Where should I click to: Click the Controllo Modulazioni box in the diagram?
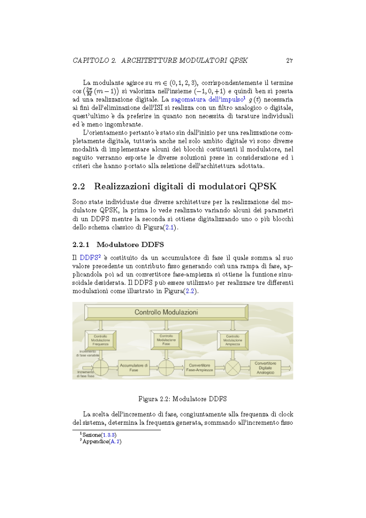point(166,312)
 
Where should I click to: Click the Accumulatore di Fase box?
point(133,368)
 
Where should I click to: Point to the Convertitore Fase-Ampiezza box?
point(199,368)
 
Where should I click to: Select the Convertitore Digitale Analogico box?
point(265,368)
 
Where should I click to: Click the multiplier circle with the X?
point(233,368)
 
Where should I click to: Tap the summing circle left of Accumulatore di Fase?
point(102,368)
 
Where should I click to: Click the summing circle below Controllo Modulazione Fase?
point(166,368)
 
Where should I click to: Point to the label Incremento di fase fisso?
point(86,374)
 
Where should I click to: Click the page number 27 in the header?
point(289,61)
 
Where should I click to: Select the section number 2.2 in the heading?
point(79,187)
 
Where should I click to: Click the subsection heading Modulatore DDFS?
point(130,244)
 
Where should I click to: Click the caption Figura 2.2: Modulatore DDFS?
point(183,398)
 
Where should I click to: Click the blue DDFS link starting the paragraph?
point(88,257)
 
